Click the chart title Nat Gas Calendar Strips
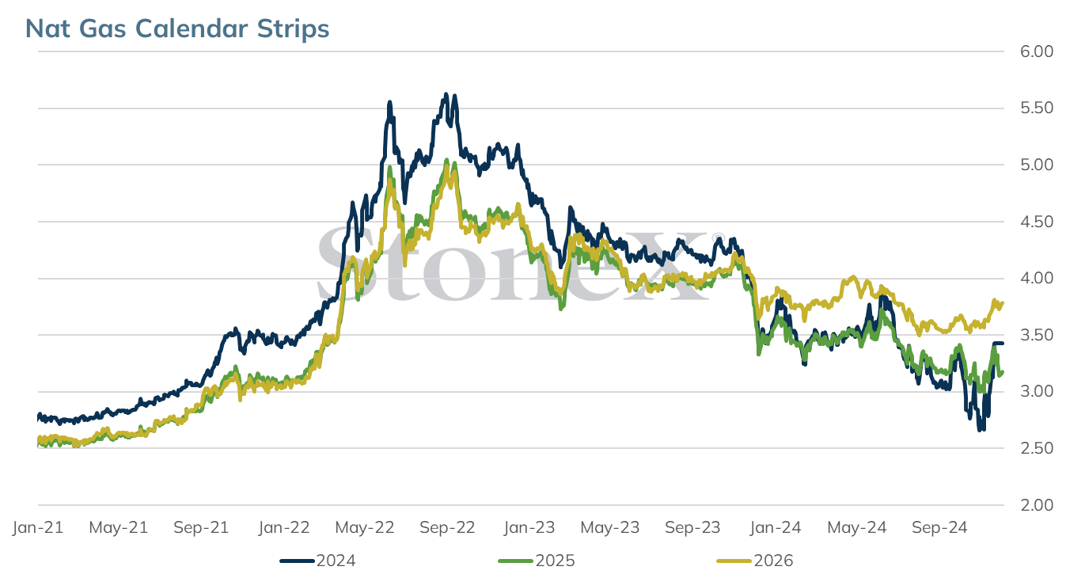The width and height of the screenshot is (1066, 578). click(177, 29)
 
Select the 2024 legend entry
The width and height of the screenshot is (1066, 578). click(317, 561)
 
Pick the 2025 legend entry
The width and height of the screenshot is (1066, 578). click(537, 561)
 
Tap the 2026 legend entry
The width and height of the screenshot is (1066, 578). click(755, 561)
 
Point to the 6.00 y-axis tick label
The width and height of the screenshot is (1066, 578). click(1037, 51)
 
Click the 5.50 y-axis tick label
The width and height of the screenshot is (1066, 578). click(1037, 108)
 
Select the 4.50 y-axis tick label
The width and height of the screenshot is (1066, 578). click(1037, 222)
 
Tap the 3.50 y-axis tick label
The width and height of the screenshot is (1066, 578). click(1037, 335)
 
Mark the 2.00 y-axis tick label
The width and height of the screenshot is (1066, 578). click(1037, 505)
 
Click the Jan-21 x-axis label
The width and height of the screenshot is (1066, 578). click(38, 527)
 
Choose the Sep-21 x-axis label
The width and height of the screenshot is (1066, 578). click(201, 527)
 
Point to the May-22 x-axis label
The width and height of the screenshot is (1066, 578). click(365, 527)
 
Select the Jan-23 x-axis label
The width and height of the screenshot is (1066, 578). click(529, 527)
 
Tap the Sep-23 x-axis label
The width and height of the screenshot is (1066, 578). click(693, 527)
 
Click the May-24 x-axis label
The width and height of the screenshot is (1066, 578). click(857, 527)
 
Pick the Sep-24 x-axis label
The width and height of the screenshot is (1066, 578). click(940, 527)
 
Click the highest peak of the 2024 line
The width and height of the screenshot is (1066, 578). click(446, 94)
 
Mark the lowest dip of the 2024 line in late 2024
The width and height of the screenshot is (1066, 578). click(981, 429)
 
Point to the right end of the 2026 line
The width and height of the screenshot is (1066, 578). click(1003, 302)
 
